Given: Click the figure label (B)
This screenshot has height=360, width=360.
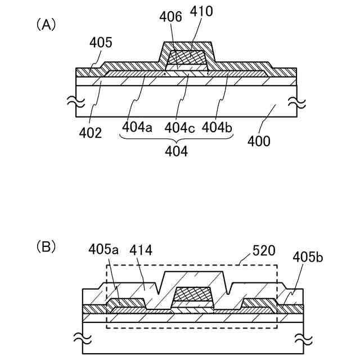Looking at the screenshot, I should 46,246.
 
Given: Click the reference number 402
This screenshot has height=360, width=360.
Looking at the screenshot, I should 91,133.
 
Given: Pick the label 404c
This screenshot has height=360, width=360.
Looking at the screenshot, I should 179,128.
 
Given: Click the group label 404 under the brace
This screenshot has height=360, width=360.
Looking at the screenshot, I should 177,151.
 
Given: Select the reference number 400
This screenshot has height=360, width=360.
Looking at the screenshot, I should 258,141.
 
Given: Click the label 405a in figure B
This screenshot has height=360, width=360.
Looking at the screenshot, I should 102,249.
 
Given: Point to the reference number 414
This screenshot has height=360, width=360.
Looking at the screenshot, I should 141,249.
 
